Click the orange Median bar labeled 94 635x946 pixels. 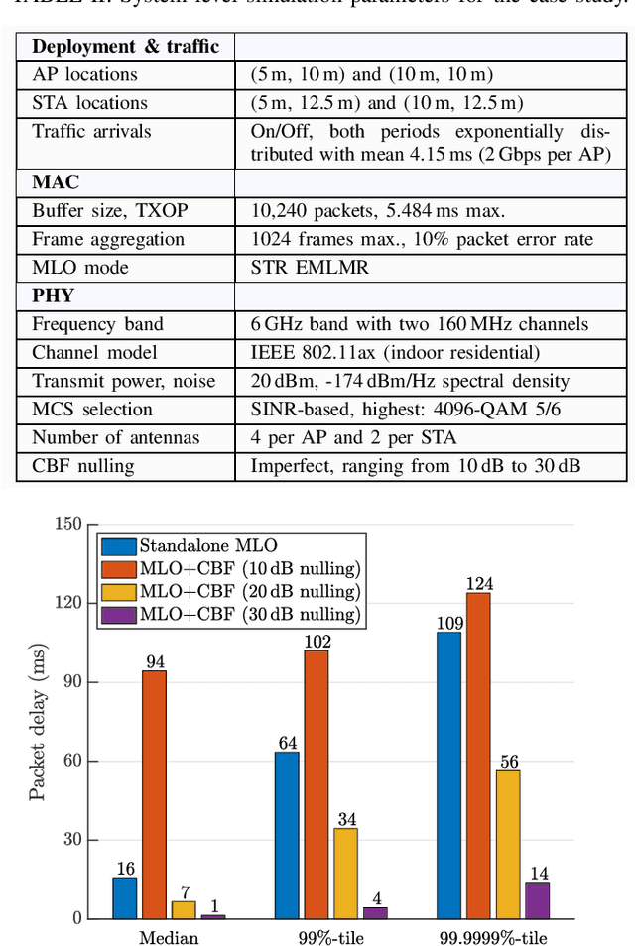[x=154, y=794]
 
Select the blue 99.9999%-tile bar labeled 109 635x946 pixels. [x=448, y=774]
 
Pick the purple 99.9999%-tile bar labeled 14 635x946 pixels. [x=537, y=899]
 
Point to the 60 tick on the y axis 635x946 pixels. [x=70, y=761]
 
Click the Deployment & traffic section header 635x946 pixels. [x=126, y=47]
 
